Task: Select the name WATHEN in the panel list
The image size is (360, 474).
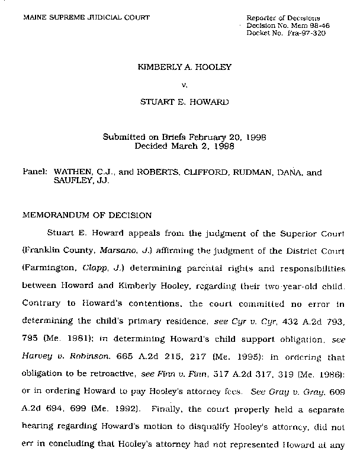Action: pyautogui.click(x=72, y=173)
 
